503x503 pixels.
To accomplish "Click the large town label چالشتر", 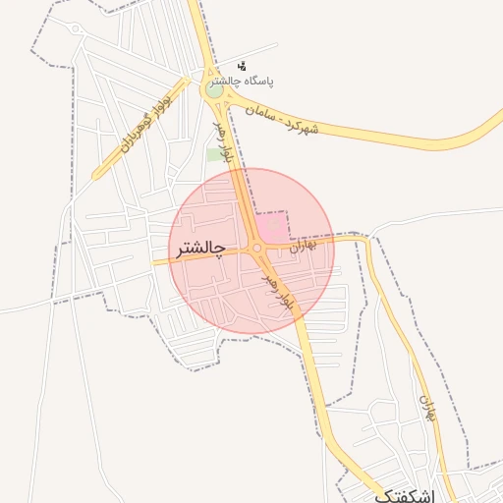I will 200,250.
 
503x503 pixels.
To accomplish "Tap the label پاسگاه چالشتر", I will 267,84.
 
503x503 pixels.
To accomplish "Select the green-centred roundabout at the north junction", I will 214,88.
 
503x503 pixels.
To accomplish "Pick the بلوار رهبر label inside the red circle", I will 278,292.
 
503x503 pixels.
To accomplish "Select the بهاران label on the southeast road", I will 426,407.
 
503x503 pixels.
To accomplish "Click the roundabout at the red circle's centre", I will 257,250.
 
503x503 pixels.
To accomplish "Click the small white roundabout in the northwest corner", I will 76,28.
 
